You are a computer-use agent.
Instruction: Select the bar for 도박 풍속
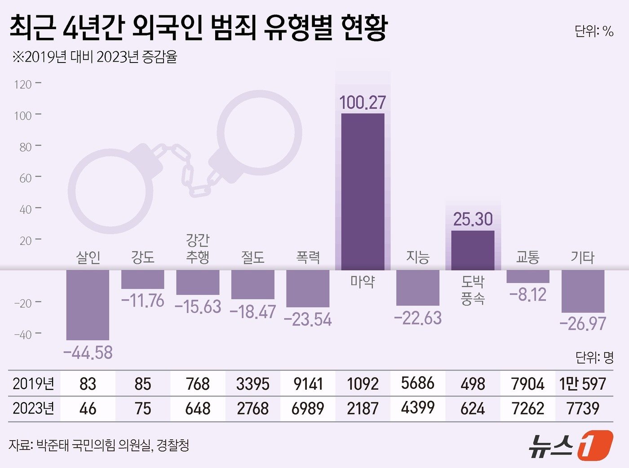473,250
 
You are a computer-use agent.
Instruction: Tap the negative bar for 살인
88,305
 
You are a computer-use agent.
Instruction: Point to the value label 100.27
363,103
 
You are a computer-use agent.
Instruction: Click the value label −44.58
88,352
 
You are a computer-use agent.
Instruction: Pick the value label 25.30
473,219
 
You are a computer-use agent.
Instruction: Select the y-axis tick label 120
23,84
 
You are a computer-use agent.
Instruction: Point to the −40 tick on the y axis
23,334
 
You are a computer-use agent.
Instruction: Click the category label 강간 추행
198,248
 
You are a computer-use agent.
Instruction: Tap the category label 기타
582,257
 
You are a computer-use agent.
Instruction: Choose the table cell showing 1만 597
583,384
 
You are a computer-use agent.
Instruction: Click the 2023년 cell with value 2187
363,409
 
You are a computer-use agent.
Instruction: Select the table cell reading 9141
308,384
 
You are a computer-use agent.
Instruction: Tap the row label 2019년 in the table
33,384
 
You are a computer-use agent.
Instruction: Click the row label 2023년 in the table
33,409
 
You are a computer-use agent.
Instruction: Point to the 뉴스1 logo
570,445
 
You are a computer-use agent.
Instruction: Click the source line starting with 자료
99,445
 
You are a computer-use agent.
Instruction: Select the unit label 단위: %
594,31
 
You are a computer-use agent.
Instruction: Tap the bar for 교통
528,276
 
